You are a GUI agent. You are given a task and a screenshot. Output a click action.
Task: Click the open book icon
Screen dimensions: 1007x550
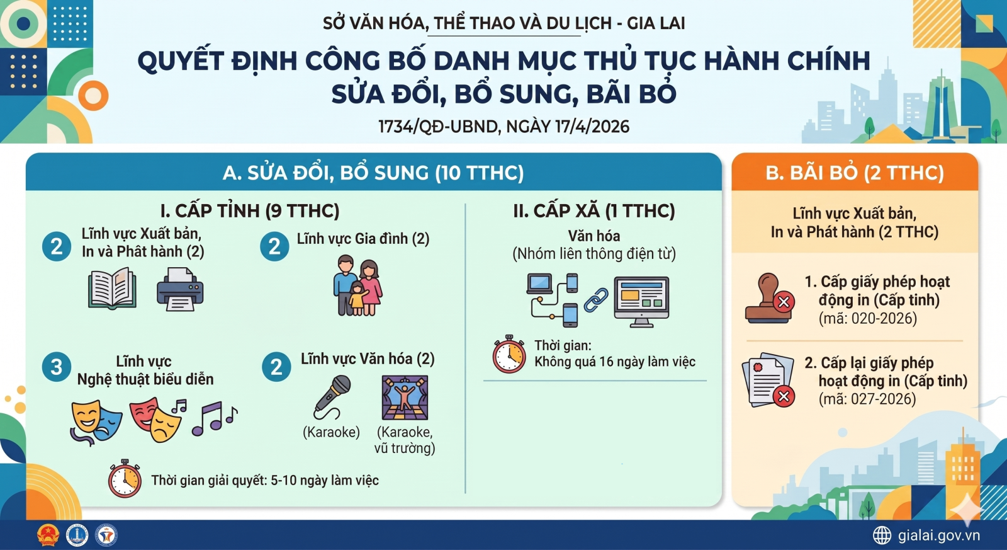coord(113,288)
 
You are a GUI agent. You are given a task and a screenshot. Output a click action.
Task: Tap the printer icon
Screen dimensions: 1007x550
coord(180,289)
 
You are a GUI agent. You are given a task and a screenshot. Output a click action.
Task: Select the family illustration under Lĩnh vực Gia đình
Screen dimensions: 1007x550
coord(357,285)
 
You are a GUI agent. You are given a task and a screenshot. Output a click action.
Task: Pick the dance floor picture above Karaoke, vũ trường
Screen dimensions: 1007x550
coord(405,398)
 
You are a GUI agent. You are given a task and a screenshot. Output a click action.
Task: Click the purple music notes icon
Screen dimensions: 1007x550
coord(215,418)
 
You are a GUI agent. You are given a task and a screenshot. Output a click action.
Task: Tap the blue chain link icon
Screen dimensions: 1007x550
coord(595,301)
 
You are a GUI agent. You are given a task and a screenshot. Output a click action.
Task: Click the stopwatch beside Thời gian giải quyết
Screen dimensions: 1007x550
coord(125,478)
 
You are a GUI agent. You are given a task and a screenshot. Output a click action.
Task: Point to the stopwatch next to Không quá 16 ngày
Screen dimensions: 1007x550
coord(509,354)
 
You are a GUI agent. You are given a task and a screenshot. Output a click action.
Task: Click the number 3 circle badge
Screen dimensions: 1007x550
coord(56,367)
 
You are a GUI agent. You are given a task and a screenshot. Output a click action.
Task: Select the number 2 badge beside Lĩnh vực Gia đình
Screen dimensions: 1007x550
coord(274,246)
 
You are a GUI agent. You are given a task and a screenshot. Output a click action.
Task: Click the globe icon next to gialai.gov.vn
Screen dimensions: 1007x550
coord(882,535)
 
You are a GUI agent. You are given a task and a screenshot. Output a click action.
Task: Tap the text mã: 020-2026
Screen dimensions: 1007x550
coord(868,319)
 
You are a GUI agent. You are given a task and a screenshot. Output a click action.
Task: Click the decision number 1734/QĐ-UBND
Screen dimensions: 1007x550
coord(439,127)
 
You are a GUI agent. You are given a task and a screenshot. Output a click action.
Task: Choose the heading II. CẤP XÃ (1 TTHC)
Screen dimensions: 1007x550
coord(594,210)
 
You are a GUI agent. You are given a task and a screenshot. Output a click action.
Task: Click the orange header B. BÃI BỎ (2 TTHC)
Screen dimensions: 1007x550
coord(855,173)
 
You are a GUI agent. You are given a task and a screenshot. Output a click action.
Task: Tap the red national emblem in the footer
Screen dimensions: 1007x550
coord(48,536)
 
